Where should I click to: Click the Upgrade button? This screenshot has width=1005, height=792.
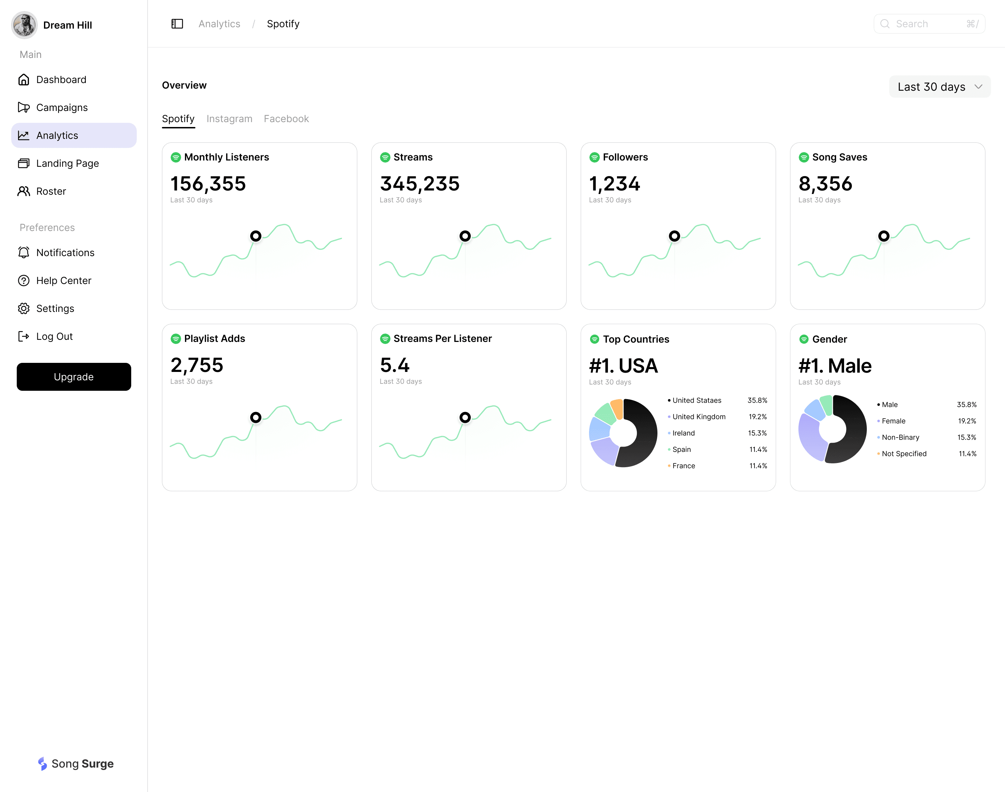(74, 376)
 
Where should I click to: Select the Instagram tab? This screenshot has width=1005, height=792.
(229, 119)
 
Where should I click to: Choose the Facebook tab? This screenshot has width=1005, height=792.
(286, 119)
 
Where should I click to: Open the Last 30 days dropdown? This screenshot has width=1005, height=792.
(940, 87)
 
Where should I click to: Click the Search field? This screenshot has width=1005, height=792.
(929, 24)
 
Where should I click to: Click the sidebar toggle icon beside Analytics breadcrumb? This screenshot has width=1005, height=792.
(177, 24)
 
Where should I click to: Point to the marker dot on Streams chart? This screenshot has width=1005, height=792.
(465, 236)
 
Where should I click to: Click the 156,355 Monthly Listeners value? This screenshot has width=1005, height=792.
(208, 184)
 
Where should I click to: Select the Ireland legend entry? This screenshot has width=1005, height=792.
(683, 433)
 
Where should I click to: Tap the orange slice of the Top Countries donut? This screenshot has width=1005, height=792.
(617, 408)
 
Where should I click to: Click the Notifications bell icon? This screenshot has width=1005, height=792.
(24, 252)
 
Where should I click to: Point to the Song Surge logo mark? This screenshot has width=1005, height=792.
(43, 764)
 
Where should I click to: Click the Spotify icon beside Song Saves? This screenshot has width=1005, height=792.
(804, 157)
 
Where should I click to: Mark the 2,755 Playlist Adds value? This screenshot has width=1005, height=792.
(197, 365)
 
